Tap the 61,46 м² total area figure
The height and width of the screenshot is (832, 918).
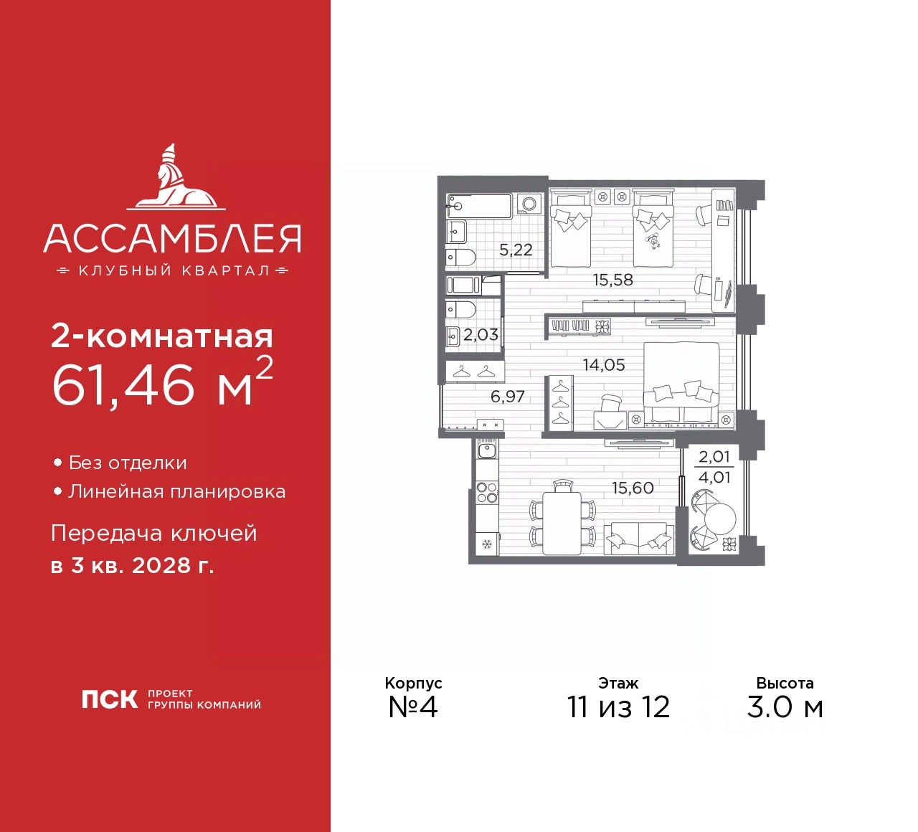point(161,383)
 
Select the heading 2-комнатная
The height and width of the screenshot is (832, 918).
point(162,336)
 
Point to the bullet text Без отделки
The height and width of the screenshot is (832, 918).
point(128,463)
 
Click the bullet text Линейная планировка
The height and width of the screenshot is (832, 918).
point(176,491)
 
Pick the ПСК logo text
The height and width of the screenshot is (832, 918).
point(109,699)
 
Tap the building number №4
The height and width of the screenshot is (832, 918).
point(413,707)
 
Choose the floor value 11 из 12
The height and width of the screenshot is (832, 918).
point(618,707)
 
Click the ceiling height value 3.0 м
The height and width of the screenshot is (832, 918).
point(785,707)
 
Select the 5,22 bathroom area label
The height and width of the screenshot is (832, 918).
point(516,250)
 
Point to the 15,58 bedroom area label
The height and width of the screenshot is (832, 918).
point(613,280)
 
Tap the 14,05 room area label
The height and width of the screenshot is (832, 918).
point(603,364)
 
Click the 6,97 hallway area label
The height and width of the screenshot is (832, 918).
point(508,396)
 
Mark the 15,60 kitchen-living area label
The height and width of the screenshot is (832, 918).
point(633,488)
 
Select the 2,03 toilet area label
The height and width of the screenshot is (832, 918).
point(481,334)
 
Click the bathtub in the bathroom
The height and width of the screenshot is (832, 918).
point(478,207)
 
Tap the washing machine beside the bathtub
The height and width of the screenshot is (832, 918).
point(530,205)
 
